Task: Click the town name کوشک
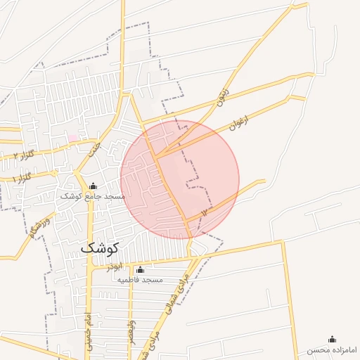coord(100,247)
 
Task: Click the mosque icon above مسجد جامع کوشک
coord(93,186)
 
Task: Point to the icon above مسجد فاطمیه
coord(139,270)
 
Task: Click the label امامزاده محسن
coord(333,349)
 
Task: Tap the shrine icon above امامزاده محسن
coord(333,340)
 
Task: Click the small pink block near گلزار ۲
coord(72,138)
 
